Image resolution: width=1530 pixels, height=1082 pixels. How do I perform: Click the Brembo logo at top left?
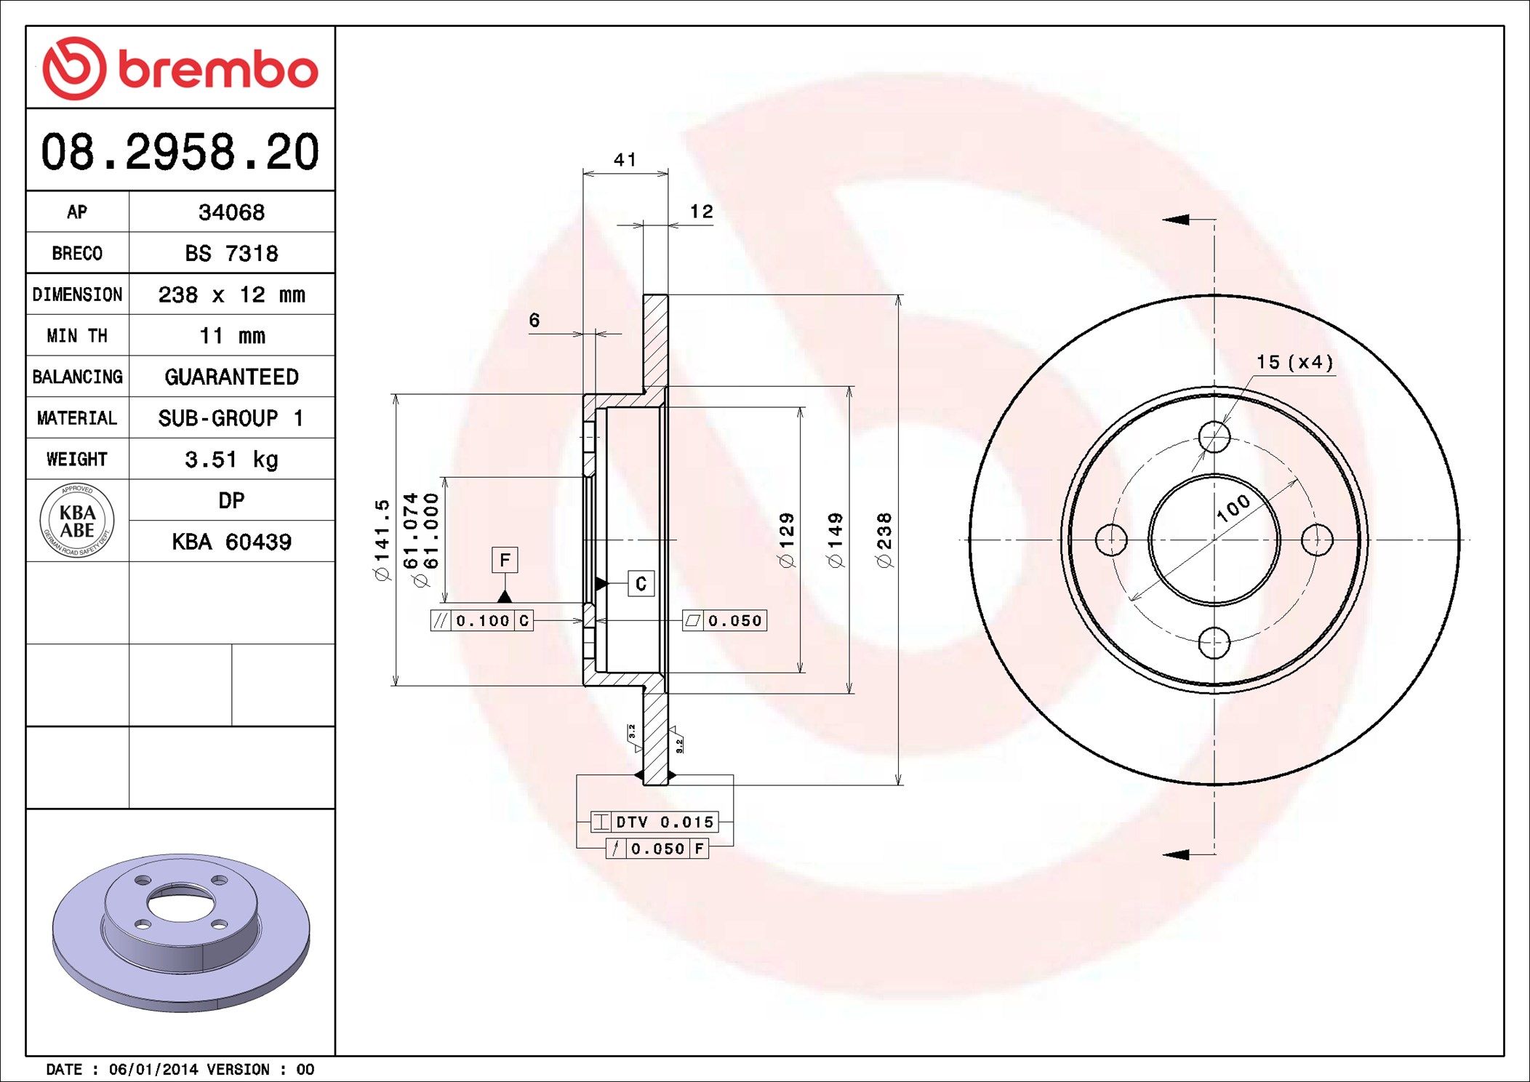[x=180, y=68]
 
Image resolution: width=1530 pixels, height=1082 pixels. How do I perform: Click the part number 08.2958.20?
[x=180, y=151]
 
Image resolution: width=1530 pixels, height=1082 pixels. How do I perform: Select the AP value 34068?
[x=231, y=212]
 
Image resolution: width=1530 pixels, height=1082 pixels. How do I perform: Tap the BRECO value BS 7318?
[x=231, y=253]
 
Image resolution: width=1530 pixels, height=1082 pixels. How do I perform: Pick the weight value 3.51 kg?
[x=231, y=460]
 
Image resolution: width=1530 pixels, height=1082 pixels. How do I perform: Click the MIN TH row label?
[x=77, y=336]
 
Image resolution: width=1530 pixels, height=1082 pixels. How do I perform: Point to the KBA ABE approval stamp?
[x=77, y=521]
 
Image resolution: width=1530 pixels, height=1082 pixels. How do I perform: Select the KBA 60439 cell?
[x=231, y=542]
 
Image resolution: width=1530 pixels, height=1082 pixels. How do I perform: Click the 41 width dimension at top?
[x=625, y=159]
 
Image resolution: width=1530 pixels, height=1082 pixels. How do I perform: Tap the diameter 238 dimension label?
[x=884, y=540]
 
